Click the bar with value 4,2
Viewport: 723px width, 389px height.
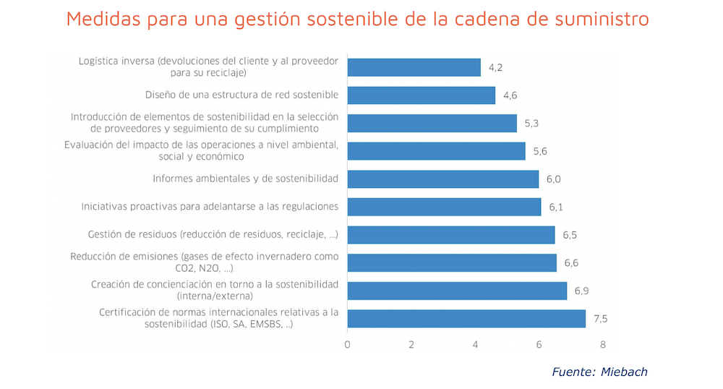(414, 67)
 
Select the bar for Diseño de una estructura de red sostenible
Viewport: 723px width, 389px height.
(421, 95)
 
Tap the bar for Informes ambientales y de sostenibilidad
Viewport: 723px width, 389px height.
(442, 179)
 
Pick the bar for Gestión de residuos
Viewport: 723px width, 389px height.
(450, 235)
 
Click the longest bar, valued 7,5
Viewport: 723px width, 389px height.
(466, 318)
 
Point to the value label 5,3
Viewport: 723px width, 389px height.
(531, 124)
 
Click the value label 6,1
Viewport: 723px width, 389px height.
(555, 208)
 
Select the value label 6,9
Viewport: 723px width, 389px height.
(582, 291)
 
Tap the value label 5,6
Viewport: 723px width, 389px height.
(540, 151)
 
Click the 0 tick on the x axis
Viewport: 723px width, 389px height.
(348, 344)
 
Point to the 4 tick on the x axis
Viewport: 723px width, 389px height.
(475, 344)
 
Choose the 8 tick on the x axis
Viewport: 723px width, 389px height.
(602, 344)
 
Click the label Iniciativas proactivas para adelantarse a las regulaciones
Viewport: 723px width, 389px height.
(210, 207)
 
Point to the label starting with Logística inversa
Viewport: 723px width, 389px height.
(208, 67)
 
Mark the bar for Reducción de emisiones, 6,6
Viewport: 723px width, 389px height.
(452, 262)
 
